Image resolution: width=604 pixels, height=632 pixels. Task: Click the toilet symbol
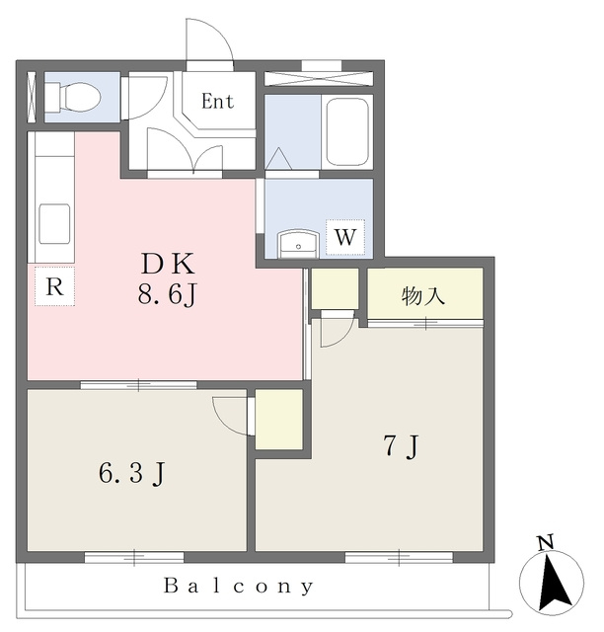[72, 97]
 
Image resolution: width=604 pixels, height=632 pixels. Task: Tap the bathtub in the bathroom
[347, 131]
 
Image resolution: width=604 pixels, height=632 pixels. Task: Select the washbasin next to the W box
[298, 243]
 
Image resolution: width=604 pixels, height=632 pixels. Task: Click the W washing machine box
[345, 237]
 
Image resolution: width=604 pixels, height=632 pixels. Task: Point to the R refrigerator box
[55, 286]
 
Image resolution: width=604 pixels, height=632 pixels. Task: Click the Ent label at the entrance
[217, 101]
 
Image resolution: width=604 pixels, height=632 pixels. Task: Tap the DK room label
[167, 264]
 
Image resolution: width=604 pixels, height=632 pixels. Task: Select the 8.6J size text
[167, 295]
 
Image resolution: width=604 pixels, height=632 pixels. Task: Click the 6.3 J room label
[132, 473]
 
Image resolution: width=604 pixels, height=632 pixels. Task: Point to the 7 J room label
[402, 446]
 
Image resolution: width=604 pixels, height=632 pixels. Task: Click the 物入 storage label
[423, 296]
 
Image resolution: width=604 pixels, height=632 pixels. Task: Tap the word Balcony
[239, 586]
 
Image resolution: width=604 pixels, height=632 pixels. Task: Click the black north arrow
[557, 583]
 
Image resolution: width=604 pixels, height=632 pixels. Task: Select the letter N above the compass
[546, 542]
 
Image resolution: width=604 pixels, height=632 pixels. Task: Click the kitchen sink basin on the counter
[55, 224]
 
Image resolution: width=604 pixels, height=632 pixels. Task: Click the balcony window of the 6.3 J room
[134, 558]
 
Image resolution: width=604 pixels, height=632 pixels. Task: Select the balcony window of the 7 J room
[399, 558]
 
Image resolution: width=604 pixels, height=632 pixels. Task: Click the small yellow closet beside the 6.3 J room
[279, 419]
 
